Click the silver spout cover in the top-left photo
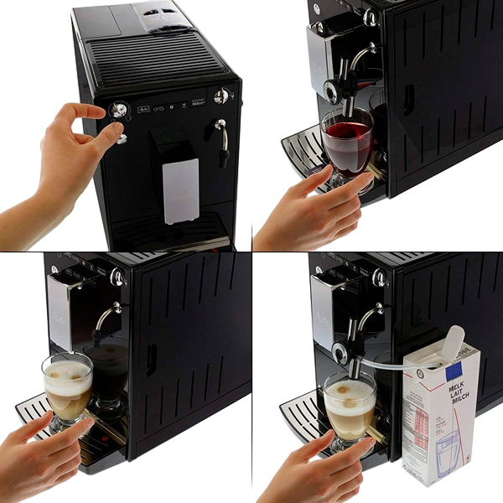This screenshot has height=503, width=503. (x=177, y=189)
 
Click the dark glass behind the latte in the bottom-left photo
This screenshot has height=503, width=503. (x=109, y=377)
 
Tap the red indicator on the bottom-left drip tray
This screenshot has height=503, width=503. (x=101, y=438)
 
